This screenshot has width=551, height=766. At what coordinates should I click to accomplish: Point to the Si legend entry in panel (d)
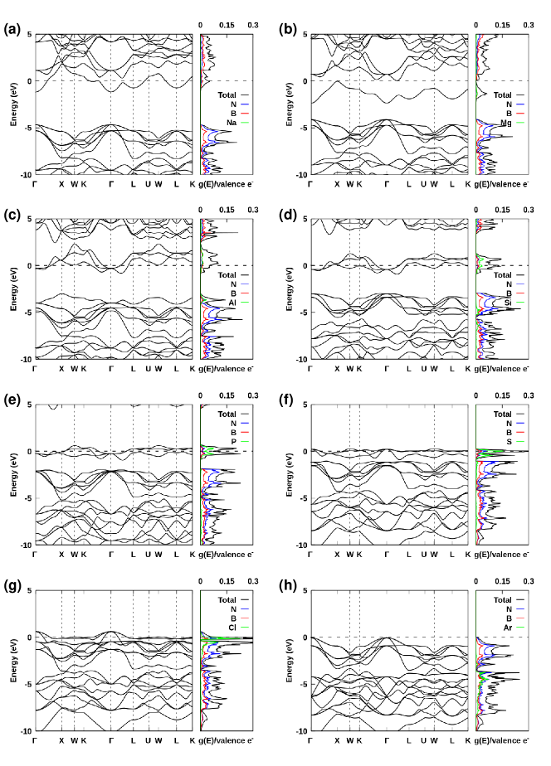(506, 303)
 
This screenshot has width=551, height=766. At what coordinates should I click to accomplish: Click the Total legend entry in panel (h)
(501, 599)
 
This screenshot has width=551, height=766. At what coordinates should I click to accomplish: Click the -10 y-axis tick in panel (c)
(25, 359)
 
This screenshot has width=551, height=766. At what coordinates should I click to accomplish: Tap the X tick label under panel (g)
(61, 739)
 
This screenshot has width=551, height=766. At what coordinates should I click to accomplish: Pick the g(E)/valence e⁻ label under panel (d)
(502, 368)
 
